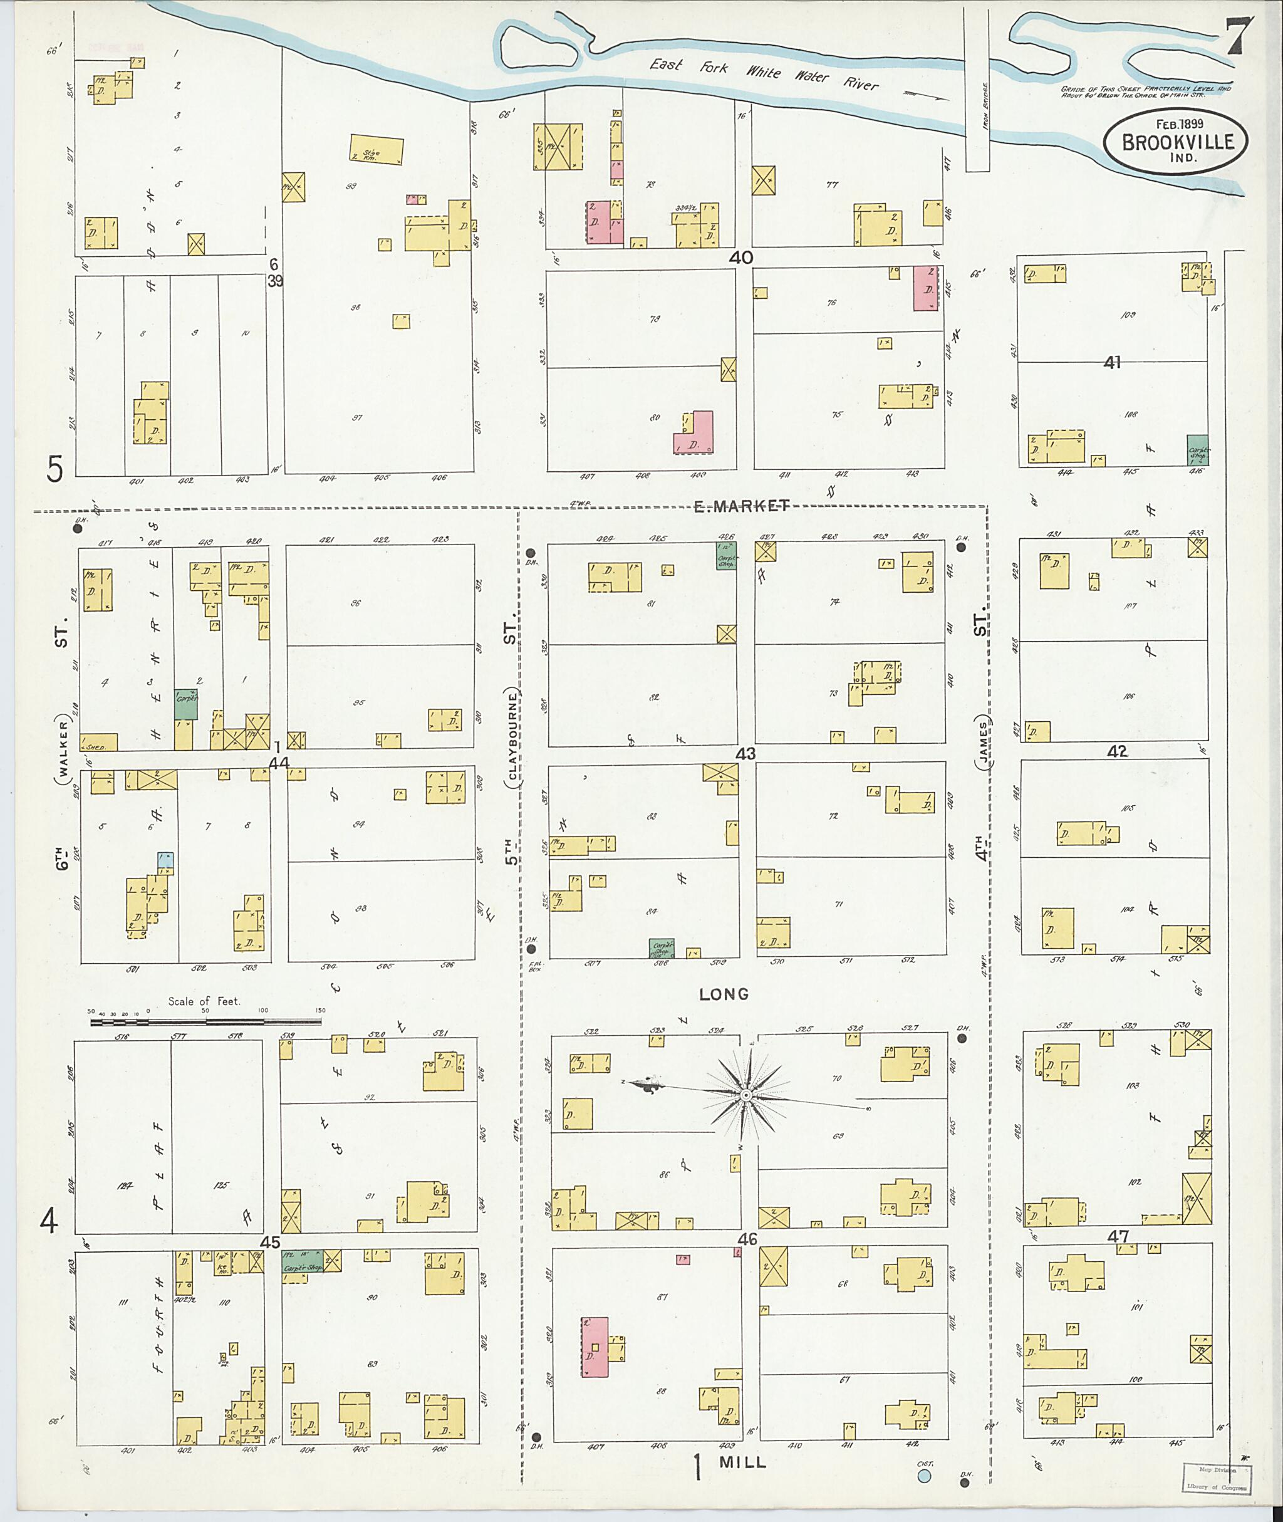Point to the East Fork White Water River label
click(763, 73)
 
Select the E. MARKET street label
click(741, 506)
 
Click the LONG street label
click(723, 993)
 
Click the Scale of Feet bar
click(206, 1021)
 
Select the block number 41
click(1112, 362)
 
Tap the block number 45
click(270, 1242)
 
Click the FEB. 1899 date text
click(1176, 123)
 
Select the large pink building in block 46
click(595, 1346)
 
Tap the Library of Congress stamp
click(1216, 1476)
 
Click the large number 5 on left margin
click(55, 469)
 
